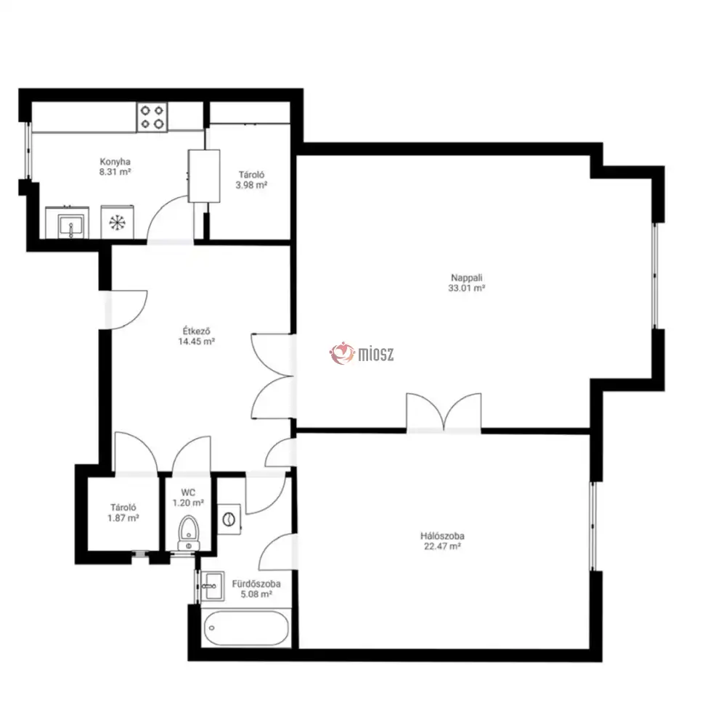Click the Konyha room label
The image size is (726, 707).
click(115, 162)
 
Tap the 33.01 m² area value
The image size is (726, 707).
click(466, 288)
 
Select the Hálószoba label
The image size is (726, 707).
click(442, 536)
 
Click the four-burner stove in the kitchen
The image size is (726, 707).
click(152, 117)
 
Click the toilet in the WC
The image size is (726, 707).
click(188, 533)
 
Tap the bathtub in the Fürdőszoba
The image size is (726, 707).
click(246, 627)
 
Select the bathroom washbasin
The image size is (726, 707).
click(213, 585)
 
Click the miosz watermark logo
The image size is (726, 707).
click(362, 354)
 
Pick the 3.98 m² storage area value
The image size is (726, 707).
click(251, 186)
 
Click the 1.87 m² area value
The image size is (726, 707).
click(123, 518)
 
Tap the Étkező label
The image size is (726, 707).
click(196, 331)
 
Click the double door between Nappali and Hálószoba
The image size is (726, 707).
click(444, 413)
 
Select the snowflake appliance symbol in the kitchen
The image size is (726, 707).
click(117, 223)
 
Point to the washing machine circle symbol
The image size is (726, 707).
click(229, 519)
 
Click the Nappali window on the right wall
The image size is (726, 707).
click(655, 276)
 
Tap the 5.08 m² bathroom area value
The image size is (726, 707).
click(256, 594)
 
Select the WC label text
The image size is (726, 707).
click(188, 492)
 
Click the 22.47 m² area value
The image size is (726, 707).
click(442, 547)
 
